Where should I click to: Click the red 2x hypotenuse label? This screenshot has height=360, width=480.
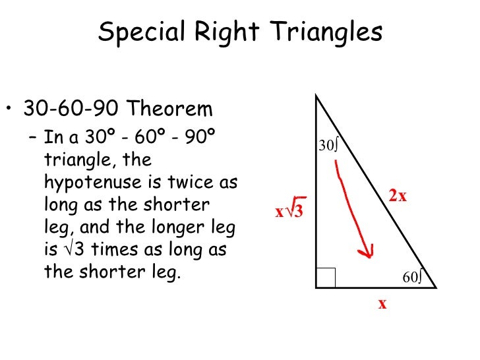point(398,196)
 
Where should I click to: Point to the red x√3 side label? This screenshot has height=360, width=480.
point(289,212)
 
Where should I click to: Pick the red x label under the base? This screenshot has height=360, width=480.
point(382,304)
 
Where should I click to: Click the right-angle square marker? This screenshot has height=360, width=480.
point(326,278)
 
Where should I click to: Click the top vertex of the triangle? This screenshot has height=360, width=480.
point(316,96)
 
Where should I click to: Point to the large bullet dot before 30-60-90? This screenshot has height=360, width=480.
point(11,109)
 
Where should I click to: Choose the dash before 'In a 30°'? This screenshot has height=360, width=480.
point(34,138)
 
